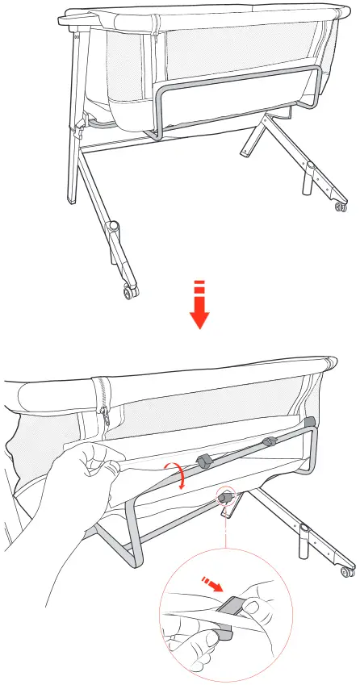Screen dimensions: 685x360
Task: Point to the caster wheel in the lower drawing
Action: (x=348, y=573)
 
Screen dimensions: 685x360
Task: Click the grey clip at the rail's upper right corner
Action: (x=311, y=422)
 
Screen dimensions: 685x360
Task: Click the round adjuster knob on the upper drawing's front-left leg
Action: (x=114, y=228)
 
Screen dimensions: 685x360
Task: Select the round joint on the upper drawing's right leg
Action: (x=310, y=168)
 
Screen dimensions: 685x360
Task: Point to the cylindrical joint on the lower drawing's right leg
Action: (x=304, y=532)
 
